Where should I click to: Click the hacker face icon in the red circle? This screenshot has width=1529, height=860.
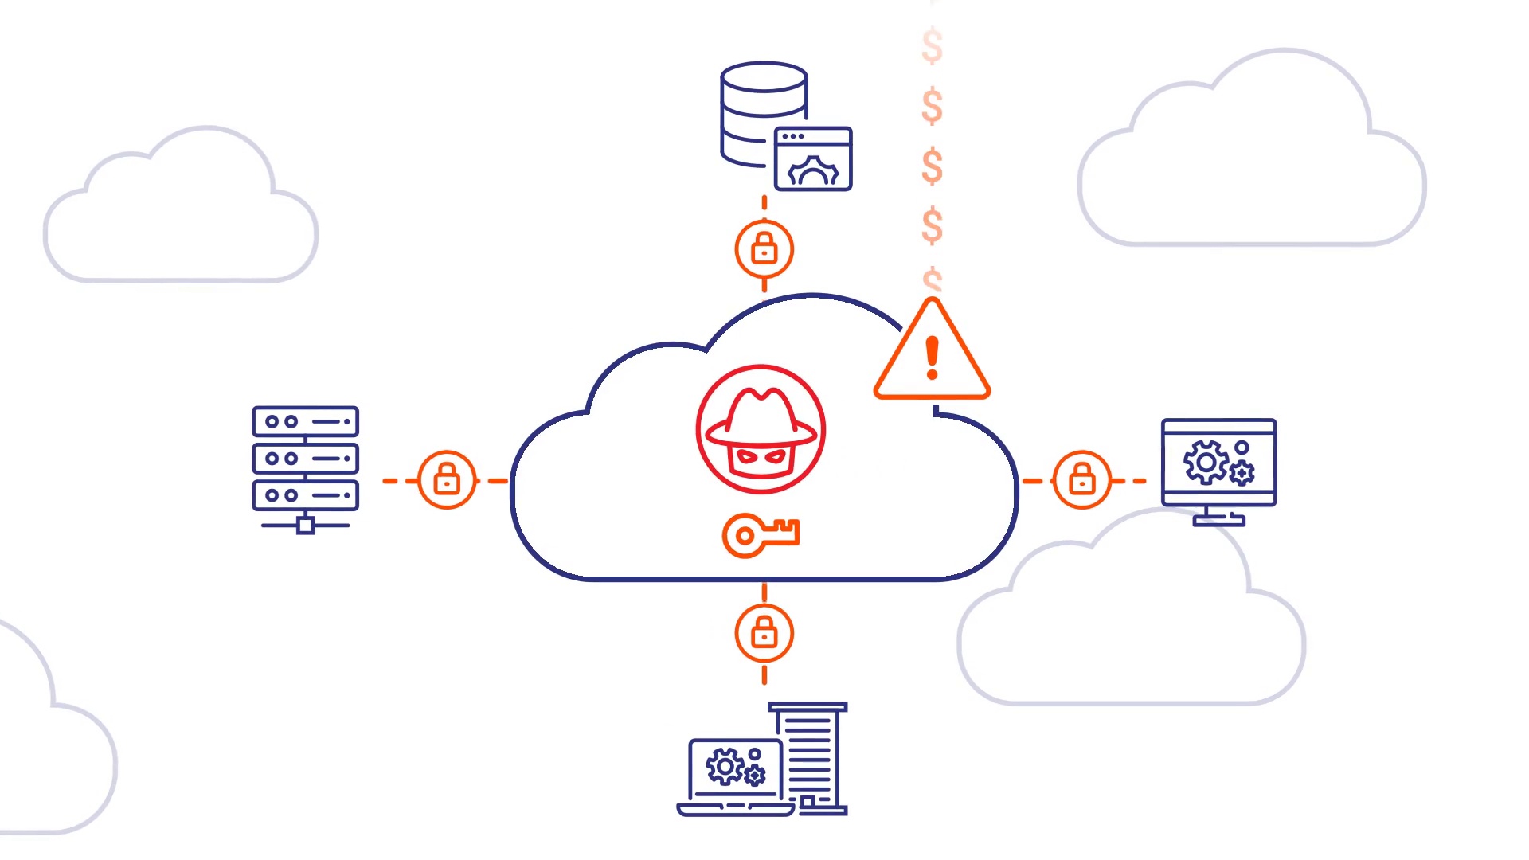click(x=761, y=430)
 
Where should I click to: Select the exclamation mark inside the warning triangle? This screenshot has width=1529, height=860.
click(x=932, y=358)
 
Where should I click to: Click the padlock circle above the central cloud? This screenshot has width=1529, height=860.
click(x=764, y=249)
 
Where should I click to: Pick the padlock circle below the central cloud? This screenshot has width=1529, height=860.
click(x=764, y=634)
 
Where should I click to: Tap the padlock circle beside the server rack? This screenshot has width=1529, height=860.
click(x=447, y=480)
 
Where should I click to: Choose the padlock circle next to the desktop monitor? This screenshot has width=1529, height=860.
click(x=1081, y=480)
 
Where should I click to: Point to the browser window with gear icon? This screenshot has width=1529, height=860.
click(x=813, y=159)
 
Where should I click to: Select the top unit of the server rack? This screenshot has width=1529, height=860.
click(x=305, y=421)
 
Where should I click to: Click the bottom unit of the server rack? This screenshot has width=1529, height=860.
click(x=305, y=494)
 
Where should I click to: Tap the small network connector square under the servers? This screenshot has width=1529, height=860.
click(x=305, y=526)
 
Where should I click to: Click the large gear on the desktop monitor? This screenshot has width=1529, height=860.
click(x=1206, y=462)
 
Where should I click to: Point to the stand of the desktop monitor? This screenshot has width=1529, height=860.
click(x=1218, y=517)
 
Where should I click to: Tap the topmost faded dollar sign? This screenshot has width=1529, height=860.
click(x=932, y=45)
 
